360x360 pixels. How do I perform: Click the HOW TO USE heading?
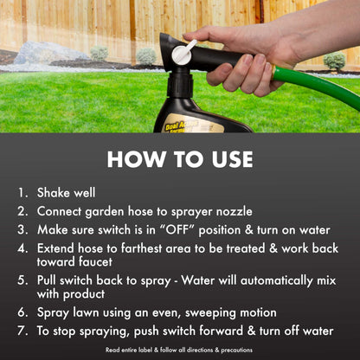180,160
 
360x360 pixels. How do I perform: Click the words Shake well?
67,192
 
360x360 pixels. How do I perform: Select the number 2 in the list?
22,211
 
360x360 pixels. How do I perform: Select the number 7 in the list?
22,331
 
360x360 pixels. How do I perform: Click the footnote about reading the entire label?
180,350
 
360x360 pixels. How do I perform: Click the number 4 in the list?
22,248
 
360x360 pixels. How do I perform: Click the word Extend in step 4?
58,248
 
